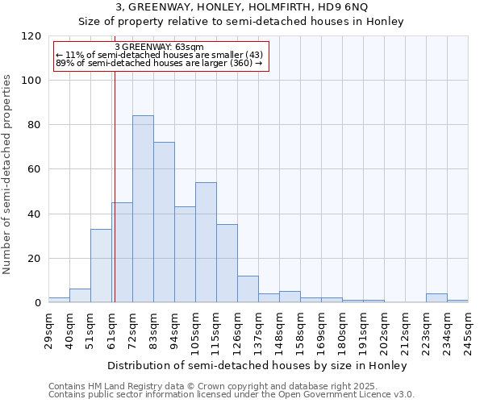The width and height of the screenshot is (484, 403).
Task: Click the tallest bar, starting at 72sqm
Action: (143, 209)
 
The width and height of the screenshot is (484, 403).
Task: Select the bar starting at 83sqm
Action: (164, 222)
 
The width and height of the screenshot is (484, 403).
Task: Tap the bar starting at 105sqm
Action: (206, 243)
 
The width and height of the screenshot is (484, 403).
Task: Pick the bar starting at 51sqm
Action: (101, 266)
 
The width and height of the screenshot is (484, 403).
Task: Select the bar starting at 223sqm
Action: (436, 298)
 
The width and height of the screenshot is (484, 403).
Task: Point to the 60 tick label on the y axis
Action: (34, 169)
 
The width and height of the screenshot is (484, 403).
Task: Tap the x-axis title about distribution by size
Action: (257, 365)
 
